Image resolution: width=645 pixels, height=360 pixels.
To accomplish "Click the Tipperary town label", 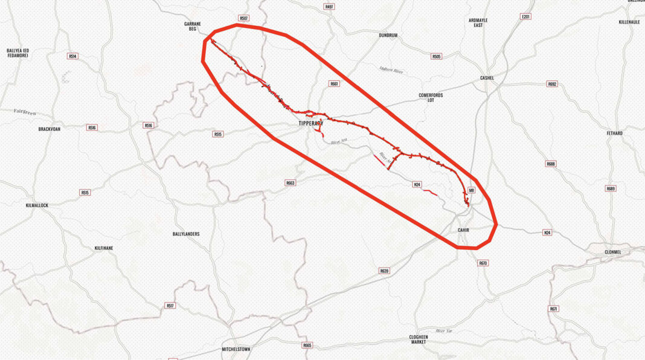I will [x=310, y=123].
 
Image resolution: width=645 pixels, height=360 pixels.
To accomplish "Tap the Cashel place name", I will [x=487, y=78].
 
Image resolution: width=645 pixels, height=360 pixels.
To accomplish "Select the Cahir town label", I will [x=463, y=230].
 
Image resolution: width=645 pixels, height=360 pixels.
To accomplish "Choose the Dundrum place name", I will [x=388, y=36].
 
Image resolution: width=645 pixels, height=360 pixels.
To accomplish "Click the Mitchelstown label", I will [x=236, y=349].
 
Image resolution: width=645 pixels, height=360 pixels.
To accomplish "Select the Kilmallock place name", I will [x=37, y=205].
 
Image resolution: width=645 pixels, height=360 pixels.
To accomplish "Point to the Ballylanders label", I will [x=185, y=234].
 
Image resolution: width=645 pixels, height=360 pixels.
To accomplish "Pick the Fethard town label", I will [x=614, y=133].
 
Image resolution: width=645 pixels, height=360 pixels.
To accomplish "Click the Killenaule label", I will [x=629, y=22].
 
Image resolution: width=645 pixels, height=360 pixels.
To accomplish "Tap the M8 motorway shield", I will [x=472, y=190].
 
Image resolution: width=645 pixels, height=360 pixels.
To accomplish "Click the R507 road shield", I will [x=243, y=19].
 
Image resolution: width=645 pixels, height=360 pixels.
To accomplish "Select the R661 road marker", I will [x=334, y=84].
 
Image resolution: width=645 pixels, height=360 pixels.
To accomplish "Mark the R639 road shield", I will [x=384, y=271].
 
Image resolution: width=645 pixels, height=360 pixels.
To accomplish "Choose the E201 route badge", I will [x=525, y=16].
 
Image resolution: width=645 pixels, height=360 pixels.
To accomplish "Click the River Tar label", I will [x=444, y=331].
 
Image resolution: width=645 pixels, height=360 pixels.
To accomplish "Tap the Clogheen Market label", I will [x=418, y=339].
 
